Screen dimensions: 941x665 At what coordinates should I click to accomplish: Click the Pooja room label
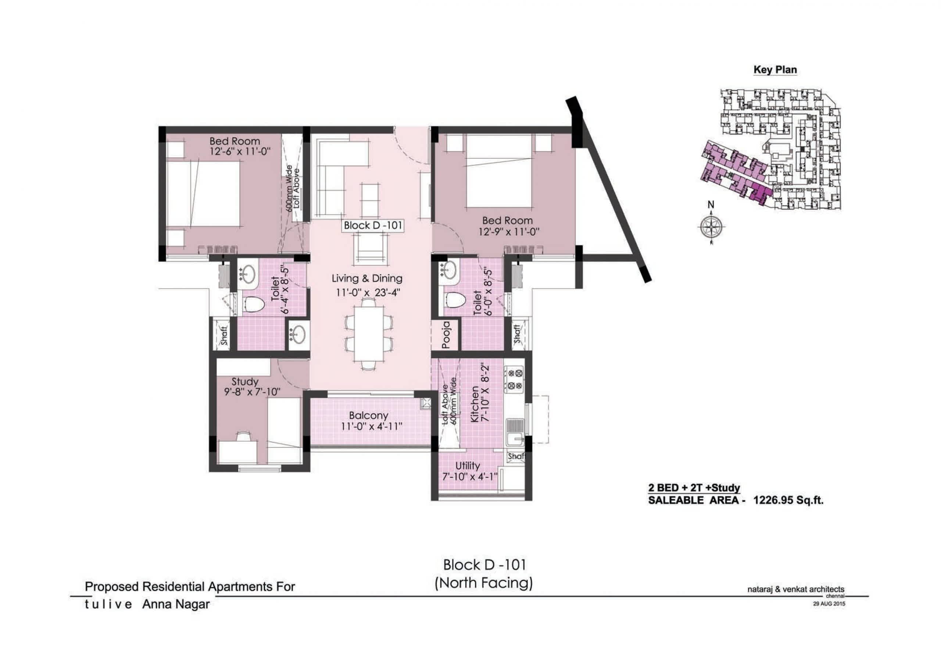(x=446, y=335)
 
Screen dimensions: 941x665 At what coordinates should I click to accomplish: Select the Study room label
(x=245, y=382)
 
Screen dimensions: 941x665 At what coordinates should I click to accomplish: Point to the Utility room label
(x=467, y=466)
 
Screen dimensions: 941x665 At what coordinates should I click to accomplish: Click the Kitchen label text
(x=475, y=404)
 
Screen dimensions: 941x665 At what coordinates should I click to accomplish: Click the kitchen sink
(x=515, y=433)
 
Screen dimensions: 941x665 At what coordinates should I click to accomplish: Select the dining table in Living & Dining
(x=368, y=334)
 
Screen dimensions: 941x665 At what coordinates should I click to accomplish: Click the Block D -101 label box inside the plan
(x=373, y=225)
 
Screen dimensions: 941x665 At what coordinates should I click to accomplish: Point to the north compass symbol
(x=711, y=226)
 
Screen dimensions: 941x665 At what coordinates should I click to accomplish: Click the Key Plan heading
(x=775, y=70)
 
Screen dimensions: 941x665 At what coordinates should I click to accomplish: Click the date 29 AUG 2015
(x=829, y=604)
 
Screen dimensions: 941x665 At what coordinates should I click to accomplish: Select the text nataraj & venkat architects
(x=796, y=590)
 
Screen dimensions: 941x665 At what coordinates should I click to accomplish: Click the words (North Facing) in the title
(x=484, y=583)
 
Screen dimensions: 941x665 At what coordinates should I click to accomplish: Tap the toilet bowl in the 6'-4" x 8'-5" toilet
(x=254, y=305)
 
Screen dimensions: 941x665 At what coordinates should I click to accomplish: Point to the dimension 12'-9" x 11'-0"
(x=509, y=232)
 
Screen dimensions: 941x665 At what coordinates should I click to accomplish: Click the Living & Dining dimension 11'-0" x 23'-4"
(x=368, y=293)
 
